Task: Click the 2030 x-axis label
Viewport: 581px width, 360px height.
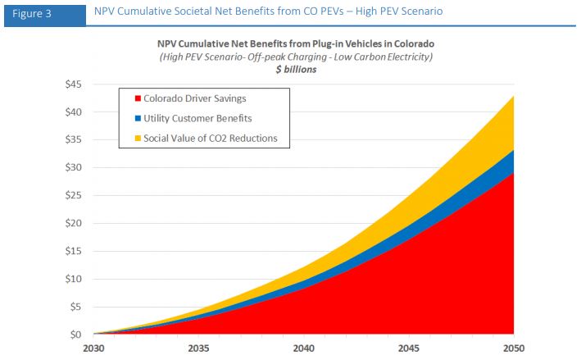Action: [x=93, y=349]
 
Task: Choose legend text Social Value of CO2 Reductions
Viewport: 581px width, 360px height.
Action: [x=211, y=139]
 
